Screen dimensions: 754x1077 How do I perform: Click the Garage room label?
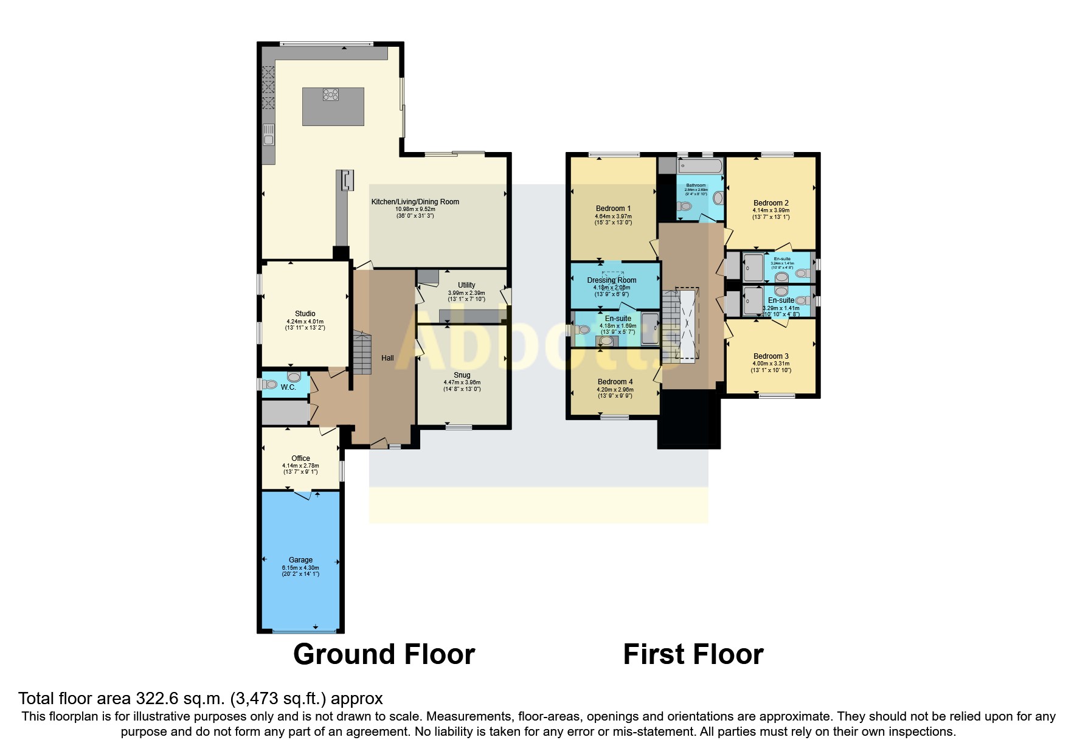tap(300, 560)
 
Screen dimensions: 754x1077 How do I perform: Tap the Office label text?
tap(300, 458)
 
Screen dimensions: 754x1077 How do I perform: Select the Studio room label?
tap(305, 314)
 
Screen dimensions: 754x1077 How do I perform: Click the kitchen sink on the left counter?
tap(268, 135)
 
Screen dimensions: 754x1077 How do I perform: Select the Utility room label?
tap(466, 285)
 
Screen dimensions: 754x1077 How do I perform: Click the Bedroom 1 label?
tap(613, 209)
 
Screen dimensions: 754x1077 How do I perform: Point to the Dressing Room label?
tap(612, 280)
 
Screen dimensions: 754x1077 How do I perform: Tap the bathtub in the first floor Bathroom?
tap(700, 166)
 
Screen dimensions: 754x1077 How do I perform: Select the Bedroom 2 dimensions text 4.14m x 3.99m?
tap(771, 210)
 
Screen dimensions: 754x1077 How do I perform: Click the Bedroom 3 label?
tap(771, 356)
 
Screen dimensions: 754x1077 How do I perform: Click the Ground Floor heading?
tap(384, 654)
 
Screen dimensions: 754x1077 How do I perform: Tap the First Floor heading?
tap(693, 654)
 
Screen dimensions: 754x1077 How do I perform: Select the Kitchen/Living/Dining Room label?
tap(415, 202)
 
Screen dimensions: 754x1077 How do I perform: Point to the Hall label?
tap(387, 358)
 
